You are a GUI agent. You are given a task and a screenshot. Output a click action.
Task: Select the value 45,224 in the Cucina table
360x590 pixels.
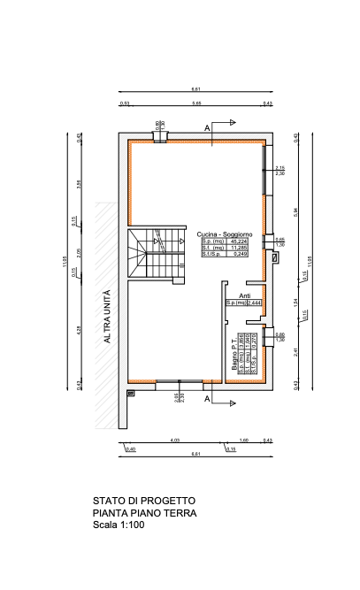coord(239,241)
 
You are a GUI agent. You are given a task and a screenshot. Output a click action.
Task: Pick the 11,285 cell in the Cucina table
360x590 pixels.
coord(239,247)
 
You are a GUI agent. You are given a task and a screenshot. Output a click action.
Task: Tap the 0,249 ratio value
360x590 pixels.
coord(239,253)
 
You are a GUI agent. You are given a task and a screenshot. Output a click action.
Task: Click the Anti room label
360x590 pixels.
coord(245,296)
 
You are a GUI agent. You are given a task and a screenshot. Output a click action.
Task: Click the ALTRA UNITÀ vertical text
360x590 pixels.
coord(108,316)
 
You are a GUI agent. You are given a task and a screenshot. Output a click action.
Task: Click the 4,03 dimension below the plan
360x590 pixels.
coord(175,440)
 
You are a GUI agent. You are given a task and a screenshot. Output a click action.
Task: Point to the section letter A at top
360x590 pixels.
coord(207,128)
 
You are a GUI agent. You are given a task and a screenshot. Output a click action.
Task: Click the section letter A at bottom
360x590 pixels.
coord(207,400)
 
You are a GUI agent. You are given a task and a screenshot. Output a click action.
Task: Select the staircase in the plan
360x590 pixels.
coord(155,253)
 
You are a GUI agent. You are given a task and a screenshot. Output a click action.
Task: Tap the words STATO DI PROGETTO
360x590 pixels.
coord(139,501)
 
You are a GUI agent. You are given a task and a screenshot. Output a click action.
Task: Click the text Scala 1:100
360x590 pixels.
coord(119,525)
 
